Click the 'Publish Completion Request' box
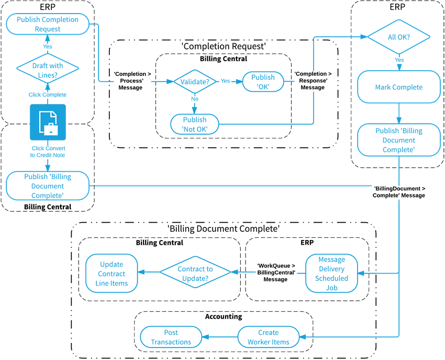tap(48, 24)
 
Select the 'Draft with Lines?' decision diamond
tap(48, 70)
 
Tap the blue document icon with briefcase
tap(48, 122)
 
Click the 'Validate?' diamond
tap(195, 82)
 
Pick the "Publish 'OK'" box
tap(263, 82)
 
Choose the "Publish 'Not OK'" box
tap(195, 124)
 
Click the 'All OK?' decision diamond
tap(399, 38)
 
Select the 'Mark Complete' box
tap(399, 87)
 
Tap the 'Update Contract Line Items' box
tap(112, 274)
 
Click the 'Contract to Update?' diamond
tap(195, 274)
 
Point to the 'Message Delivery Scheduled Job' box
tap(331, 274)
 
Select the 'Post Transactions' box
tap(171, 337)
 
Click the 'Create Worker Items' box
tap(268, 337)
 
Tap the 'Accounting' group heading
tap(224, 317)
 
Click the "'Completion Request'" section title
tap(224, 47)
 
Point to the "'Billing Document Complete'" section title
tap(224, 229)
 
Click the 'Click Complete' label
tap(48, 95)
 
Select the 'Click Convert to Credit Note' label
tap(48, 151)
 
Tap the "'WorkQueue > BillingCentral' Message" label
tap(276, 272)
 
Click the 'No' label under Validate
tap(195, 99)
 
